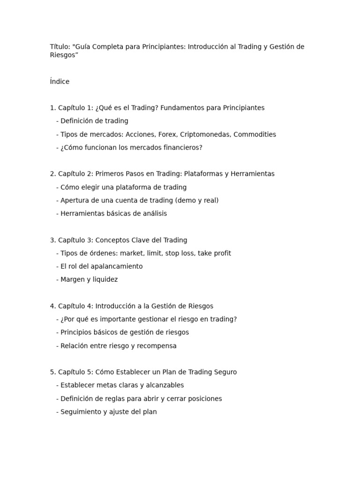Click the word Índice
(x=60, y=82)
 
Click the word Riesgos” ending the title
(x=64, y=55)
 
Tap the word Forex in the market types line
(x=167, y=135)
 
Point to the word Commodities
(x=255, y=135)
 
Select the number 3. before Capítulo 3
(x=53, y=240)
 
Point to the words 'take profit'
(x=214, y=253)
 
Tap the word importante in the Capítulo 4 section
(x=117, y=319)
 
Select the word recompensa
(x=156, y=346)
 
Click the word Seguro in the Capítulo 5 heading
(x=225, y=372)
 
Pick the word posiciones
(x=204, y=399)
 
